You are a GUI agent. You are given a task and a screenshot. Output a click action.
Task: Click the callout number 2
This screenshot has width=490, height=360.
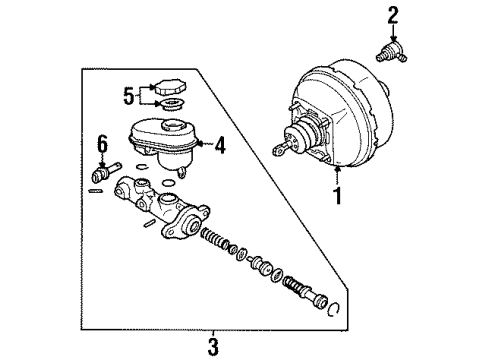[x=392, y=14]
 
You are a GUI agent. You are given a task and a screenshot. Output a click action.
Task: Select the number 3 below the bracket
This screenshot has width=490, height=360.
[x=212, y=347]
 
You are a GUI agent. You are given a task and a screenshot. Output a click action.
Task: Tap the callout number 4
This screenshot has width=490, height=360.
[x=221, y=144]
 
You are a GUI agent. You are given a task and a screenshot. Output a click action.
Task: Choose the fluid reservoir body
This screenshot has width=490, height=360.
[x=165, y=140]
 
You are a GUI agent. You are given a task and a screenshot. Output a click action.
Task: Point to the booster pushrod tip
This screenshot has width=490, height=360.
[x=276, y=151]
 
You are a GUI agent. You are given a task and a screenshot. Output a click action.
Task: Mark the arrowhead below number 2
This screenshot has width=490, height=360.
[x=393, y=36]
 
